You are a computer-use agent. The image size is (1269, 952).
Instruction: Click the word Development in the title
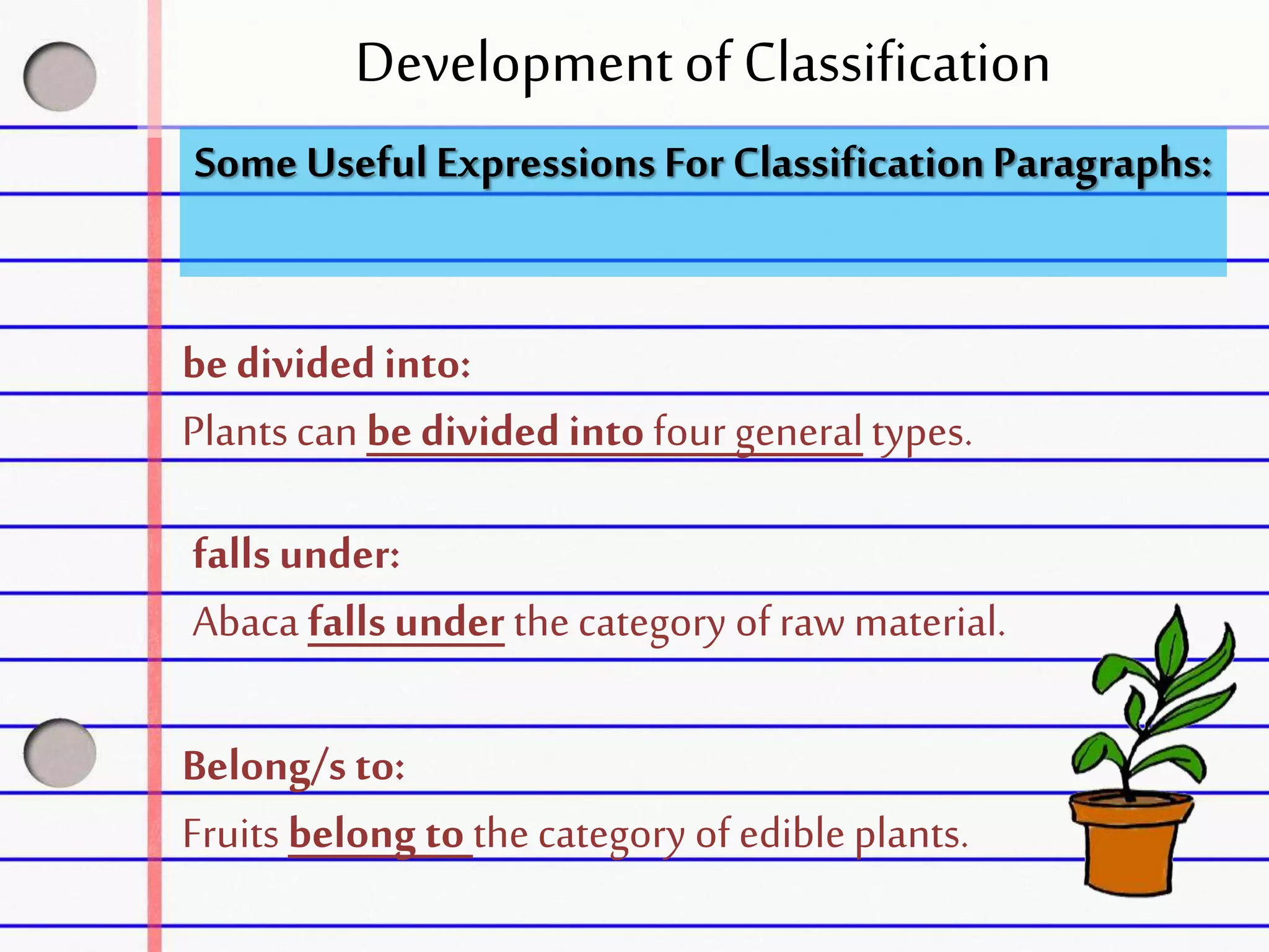(514, 64)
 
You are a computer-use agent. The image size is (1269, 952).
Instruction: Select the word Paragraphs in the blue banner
(1102, 165)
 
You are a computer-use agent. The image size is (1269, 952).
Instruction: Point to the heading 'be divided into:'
(327, 364)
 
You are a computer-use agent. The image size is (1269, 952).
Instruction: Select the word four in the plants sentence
(689, 431)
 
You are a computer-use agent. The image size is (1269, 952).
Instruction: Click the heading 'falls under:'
(296, 554)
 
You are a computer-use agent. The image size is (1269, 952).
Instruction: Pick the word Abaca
(246, 622)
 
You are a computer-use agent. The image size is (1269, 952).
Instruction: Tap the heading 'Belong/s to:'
(294, 767)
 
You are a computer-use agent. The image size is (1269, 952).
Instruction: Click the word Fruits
(231, 834)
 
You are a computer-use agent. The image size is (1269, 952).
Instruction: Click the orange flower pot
(1131, 843)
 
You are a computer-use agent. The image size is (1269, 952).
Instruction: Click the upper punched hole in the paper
(60, 77)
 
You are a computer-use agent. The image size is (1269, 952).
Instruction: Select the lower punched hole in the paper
(60, 753)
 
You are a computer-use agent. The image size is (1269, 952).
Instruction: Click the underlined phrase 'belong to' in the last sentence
(376, 834)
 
